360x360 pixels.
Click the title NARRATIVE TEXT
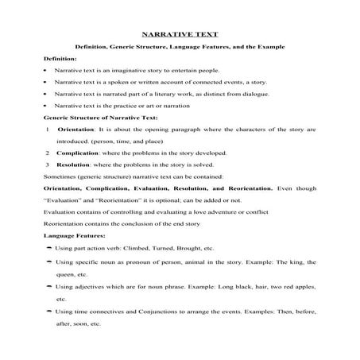coord(180,35)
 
